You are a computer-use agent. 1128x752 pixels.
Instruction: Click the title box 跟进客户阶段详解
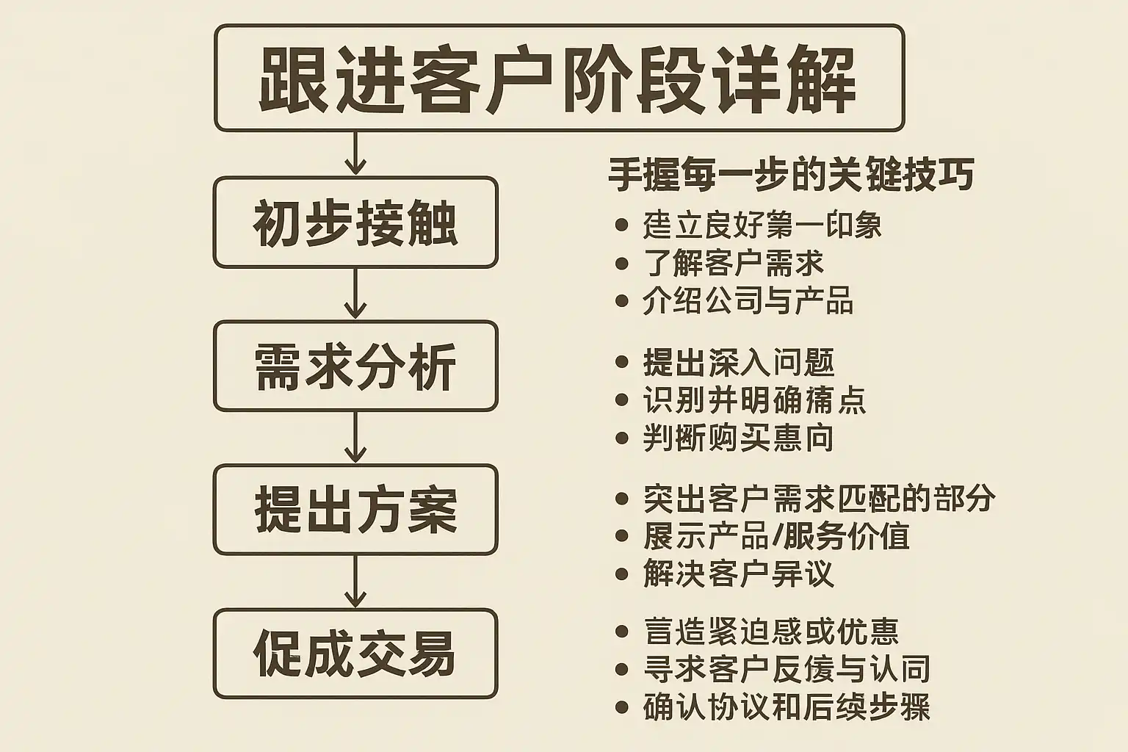[559, 78]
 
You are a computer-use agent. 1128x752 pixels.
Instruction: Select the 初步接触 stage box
[355, 223]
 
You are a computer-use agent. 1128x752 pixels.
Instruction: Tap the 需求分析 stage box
[355, 366]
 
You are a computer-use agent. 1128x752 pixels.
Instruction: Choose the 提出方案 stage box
[355, 509]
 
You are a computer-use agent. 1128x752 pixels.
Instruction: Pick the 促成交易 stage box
[355, 653]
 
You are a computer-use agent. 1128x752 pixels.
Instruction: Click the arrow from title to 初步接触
[355, 153]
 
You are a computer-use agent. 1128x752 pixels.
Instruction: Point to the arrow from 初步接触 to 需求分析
[355, 294]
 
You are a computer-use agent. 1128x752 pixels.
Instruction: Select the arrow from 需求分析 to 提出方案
[355, 438]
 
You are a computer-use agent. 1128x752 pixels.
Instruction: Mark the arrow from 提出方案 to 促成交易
[355, 582]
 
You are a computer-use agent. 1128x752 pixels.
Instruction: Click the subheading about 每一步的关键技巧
[791, 175]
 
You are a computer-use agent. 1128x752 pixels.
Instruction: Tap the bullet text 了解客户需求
[733, 264]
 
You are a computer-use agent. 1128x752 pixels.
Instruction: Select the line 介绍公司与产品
[748, 301]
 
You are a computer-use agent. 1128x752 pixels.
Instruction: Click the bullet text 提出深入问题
[739, 363]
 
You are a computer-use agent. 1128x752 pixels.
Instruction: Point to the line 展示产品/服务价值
[776, 536]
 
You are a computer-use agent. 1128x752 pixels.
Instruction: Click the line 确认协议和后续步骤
[787, 707]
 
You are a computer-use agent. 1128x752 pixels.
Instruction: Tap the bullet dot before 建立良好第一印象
[622, 225]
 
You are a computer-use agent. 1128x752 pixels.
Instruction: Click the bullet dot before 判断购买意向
[622, 439]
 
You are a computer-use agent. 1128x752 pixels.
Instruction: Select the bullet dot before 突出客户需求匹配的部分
[622, 499]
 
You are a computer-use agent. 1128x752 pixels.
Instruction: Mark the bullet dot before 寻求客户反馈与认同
[622, 670]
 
